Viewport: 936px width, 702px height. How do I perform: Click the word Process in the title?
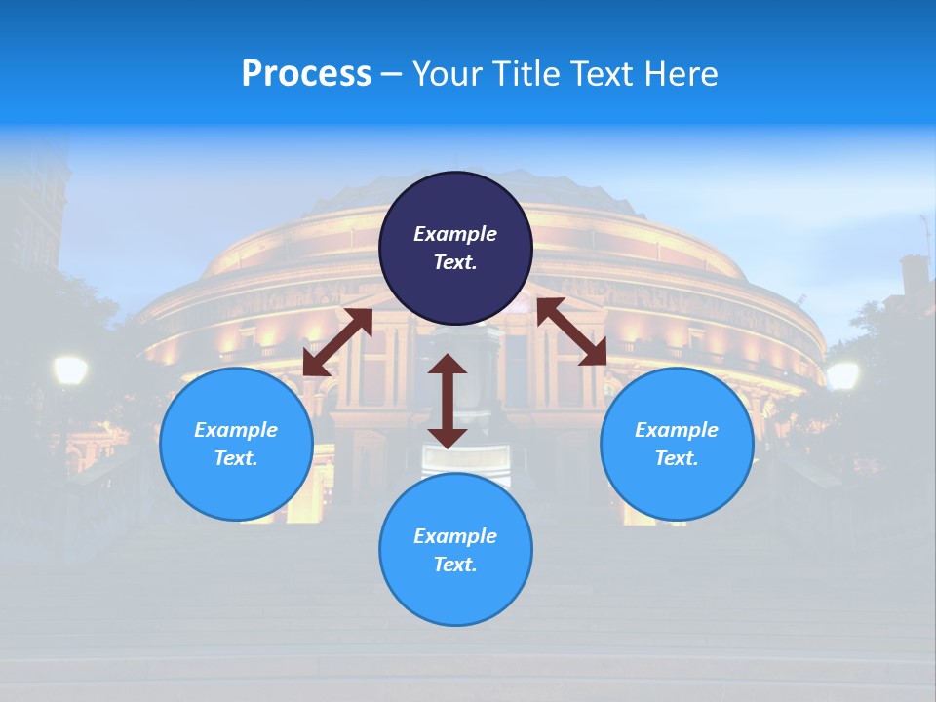[306, 74]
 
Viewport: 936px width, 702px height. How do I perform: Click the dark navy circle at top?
[455, 248]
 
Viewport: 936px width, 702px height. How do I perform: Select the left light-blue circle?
[236, 444]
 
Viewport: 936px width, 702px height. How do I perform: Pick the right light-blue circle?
[677, 444]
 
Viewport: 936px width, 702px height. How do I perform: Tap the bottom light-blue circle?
[455, 549]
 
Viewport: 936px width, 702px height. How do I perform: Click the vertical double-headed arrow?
[448, 401]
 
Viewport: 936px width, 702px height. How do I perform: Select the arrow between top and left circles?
[337, 342]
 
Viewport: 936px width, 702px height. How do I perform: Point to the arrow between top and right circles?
[571, 331]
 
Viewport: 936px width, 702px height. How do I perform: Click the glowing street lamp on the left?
[70, 370]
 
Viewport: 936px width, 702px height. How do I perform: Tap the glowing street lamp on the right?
[842, 374]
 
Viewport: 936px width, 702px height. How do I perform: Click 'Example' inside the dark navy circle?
[455, 234]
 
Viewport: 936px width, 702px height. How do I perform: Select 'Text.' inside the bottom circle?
[455, 565]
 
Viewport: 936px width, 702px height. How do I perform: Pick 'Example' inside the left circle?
[236, 430]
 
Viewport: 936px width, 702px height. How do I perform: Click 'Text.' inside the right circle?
[677, 458]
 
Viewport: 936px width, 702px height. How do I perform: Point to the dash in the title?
[391, 74]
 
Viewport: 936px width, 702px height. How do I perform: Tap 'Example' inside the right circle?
[677, 430]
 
